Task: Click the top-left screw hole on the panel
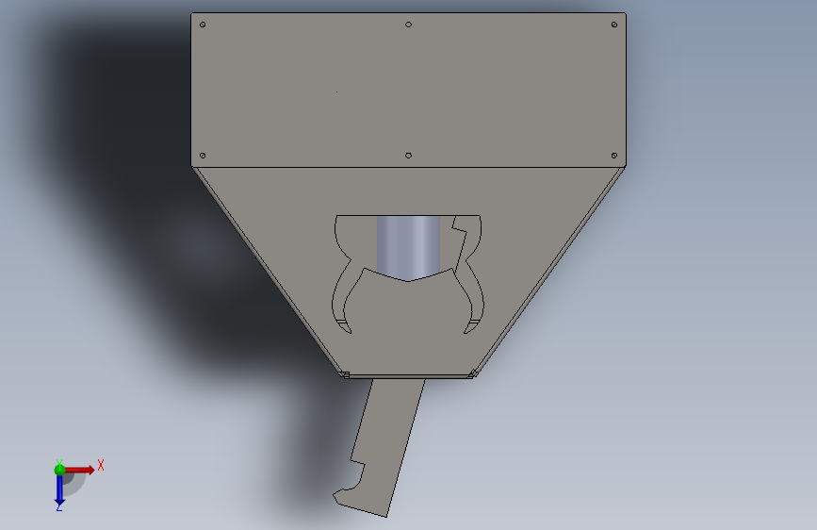click(x=203, y=25)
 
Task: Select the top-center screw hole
click(x=409, y=25)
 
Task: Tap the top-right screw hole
click(x=614, y=25)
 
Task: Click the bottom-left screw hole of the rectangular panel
click(x=203, y=156)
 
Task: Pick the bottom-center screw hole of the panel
click(x=409, y=156)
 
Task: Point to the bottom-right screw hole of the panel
click(x=614, y=156)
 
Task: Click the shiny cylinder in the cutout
click(x=409, y=245)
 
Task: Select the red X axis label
click(x=101, y=465)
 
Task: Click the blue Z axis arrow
click(x=59, y=488)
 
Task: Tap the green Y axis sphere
click(x=59, y=470)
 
